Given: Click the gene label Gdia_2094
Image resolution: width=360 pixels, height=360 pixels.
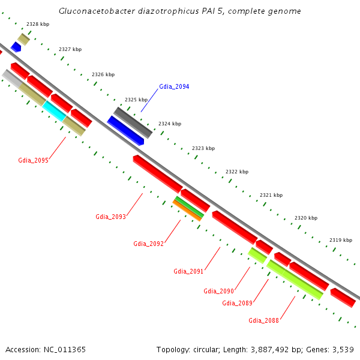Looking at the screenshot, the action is tap(174, 87).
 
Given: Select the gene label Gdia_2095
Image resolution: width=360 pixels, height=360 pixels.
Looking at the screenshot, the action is tap(33, 160).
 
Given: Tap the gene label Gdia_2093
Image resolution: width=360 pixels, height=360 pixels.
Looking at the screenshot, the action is tap(110, 217).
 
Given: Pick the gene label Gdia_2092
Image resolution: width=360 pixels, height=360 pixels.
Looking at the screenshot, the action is tap(148, 244).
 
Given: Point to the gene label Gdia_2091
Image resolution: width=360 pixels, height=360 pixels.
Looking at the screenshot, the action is tap(188, 271).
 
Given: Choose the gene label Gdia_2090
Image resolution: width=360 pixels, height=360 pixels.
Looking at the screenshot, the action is tap(218, 291).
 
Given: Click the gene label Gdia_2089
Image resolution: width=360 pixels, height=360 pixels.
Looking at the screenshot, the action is tap(237, 303).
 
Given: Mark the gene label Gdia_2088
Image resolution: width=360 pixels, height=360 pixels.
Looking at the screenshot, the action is tap(263, 320).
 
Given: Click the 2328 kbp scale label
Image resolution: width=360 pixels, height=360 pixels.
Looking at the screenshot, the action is tap(38, 24).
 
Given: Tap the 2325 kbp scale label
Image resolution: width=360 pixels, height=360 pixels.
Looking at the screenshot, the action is tap(136, 100).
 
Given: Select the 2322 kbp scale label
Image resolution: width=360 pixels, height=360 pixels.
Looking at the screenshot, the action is tap(236, 172).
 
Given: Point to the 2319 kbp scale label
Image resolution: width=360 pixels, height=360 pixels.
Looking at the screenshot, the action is tap(340, 240).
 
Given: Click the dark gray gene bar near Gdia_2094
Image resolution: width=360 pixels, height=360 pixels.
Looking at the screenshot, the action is tap(133, 122).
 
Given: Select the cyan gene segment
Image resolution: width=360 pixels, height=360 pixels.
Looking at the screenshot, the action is tap(54, 110).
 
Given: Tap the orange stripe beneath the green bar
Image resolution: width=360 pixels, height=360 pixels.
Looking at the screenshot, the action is tap(187, 211).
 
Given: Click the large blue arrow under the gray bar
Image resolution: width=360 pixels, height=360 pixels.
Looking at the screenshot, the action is tap(125, 130).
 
